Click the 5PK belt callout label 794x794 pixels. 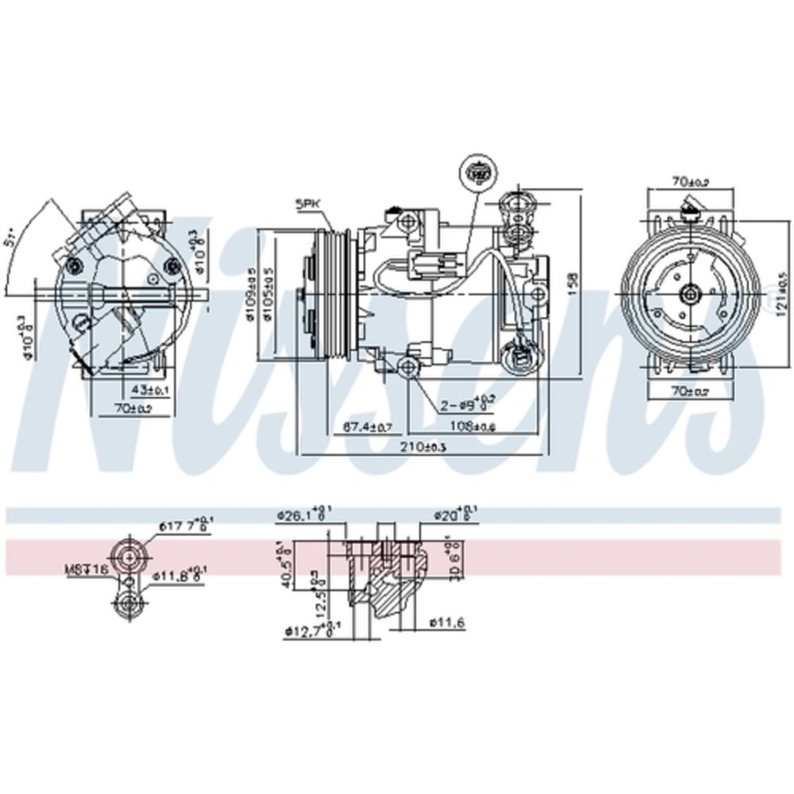tap(307, 204)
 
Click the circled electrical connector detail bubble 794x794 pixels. tap(479, 170)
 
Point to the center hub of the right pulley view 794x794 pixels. tap(689, 293)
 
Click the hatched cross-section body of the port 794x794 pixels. tap(389, 588)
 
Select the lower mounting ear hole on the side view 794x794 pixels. tap(408, 366)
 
